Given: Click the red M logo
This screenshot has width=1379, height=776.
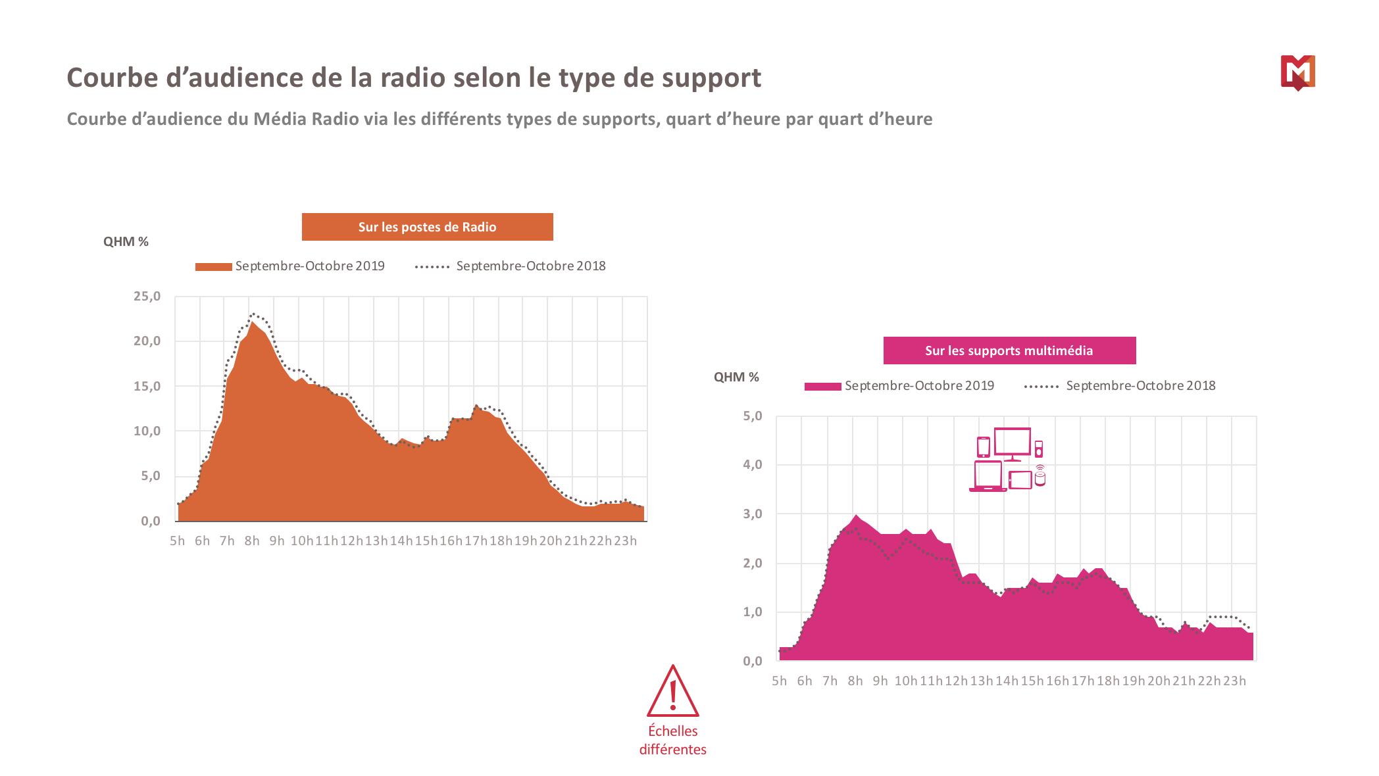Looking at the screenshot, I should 1297,72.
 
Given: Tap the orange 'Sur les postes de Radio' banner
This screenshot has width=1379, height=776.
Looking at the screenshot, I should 427,227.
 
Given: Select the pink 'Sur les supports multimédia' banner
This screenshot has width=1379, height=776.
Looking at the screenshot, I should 1009,351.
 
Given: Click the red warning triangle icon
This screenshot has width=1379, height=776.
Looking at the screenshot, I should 672,692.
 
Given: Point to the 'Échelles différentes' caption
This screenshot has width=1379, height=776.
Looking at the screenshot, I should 672,740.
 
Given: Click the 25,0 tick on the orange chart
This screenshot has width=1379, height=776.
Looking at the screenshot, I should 147,297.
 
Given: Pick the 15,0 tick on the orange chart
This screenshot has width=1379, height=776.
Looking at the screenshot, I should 147,387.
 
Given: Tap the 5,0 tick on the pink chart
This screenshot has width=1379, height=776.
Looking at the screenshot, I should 752,416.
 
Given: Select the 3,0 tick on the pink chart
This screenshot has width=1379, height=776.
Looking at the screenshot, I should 752,514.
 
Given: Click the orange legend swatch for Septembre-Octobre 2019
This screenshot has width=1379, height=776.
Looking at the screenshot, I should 213,266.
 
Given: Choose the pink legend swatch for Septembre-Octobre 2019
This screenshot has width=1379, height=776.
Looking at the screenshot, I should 822,386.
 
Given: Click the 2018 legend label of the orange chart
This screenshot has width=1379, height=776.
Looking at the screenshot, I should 530,266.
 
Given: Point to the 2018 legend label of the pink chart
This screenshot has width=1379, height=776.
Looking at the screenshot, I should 1140,386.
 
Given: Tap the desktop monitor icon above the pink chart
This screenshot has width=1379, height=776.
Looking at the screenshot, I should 1012,443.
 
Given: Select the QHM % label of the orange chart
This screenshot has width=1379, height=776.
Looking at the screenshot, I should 126,242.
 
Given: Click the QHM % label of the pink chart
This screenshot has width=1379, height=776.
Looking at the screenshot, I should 736,377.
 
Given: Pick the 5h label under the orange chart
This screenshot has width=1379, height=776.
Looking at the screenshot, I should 177,541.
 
